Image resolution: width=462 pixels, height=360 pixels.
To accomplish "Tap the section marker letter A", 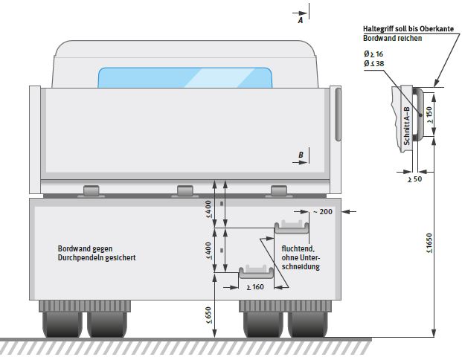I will point(301,22).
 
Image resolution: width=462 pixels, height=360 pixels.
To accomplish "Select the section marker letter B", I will point(301,154).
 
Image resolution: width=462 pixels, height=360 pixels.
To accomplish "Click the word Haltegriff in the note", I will point(379,28).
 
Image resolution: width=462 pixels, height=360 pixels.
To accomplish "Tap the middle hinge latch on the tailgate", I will point(185,190).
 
